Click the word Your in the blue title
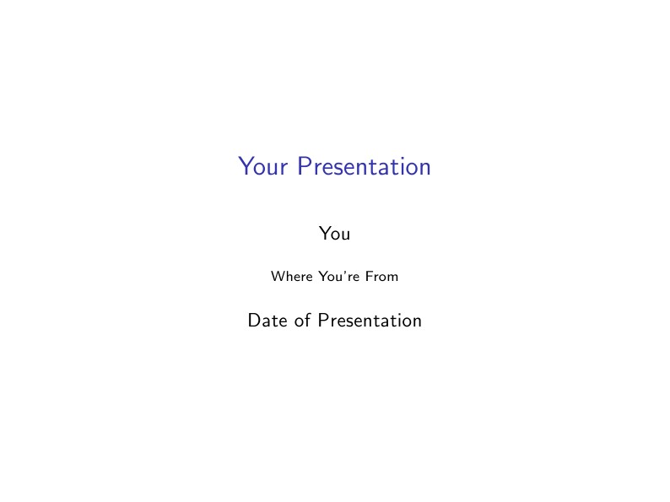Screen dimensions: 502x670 coord(262,166)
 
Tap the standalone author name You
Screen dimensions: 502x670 coord(334,233)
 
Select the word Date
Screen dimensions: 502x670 coord(266,321)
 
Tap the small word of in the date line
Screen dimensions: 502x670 coord(301,321)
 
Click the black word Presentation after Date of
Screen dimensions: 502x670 coord(370,321)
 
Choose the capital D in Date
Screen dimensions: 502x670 coord(253,321)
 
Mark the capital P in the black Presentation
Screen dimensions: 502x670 coord(323,321)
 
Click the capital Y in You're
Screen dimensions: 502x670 coord(325,277)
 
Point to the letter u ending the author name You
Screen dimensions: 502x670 coord(345,235)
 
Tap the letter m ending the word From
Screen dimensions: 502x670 coord(393,278)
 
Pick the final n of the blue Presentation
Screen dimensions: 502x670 coord(425,168)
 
